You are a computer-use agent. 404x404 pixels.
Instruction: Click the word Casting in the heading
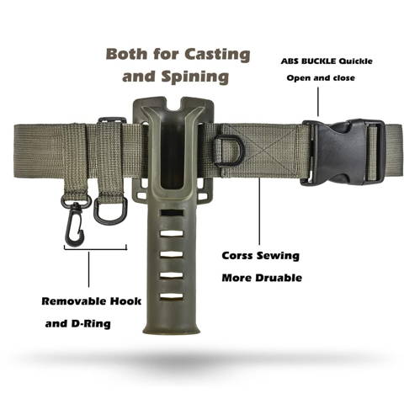pos(217,55)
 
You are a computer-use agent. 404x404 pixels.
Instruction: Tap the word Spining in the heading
pos(194,77)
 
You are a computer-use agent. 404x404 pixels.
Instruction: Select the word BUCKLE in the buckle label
pos(316,61)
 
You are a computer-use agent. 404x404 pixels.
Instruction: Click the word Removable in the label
pos(74,301)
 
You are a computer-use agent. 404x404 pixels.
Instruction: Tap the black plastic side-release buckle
pos(343,152)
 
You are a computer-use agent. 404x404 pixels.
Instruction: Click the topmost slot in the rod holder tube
pos(172,212)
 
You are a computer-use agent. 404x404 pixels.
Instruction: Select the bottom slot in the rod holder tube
pos(172,295)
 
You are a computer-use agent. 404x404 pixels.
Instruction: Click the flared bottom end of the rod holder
pos(172,328)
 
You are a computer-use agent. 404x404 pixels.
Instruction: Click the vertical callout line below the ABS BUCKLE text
pos(318,102)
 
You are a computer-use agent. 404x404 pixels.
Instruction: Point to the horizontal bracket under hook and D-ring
pos(95,247)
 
